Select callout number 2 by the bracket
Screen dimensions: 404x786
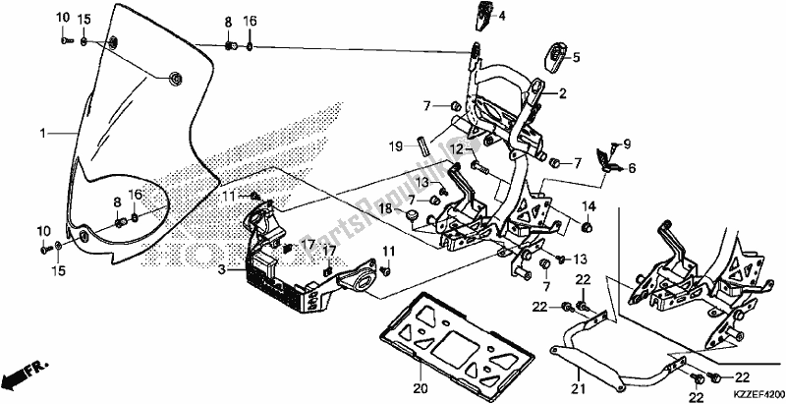point(564,94)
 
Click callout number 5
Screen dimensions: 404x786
point(576,57)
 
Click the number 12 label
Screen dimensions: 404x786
point(458,147)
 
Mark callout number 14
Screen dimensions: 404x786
point(590,205)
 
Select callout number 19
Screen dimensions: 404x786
point(395,147)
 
